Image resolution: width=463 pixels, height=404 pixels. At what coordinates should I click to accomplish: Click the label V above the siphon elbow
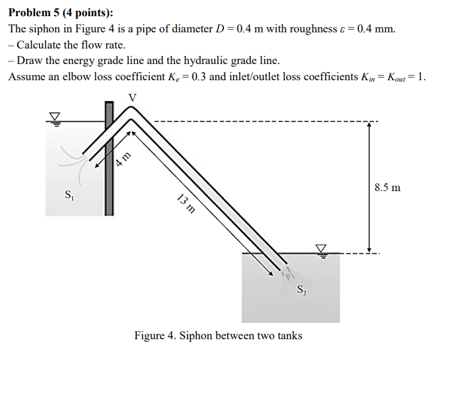click(x=132, y=97)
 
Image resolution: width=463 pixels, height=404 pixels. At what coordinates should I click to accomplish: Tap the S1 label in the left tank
click(x=69, y=195)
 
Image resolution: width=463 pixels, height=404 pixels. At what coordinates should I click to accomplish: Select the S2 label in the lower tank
click(x=302, y=289)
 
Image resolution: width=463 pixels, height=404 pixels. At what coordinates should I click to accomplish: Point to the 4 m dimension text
click(x=123, y=159)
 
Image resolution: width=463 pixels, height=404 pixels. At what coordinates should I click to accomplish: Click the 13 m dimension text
click(x=186, y=203)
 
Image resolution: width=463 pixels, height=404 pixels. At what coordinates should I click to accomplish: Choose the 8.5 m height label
click(x=387, y=187)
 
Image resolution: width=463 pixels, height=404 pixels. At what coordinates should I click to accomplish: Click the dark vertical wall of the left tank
click(x=109, y=158)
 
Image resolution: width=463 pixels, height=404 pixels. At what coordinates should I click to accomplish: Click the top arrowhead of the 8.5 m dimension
click(x=369, y=124)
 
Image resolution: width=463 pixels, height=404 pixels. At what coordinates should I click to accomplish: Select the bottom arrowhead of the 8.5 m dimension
click(x=369, y=250)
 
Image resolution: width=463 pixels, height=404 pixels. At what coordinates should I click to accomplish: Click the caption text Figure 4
click(x=155, y=335)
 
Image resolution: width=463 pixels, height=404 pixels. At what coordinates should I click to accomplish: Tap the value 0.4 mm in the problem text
click(x=376, y=29)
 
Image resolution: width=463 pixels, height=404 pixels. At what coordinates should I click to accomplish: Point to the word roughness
click(x=313, y=29)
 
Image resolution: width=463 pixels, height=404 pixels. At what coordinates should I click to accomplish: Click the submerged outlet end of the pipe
click(x=283, y=266)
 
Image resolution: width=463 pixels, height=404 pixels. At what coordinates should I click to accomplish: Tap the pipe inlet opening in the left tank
click(x=86, y=157)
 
